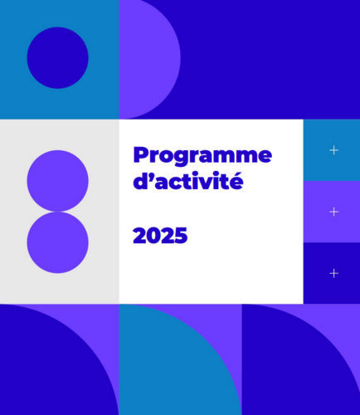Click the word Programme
click(202, 157)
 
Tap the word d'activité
click(188, 181)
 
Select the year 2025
click(160, 236)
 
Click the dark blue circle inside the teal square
click(58, 58)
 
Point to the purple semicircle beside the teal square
click(149, 60)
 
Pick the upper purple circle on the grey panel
click(58, 181)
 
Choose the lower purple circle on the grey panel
click(58, 242)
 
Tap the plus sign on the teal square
click(334, 150)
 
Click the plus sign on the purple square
click(334, 212)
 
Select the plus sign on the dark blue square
click(334, 273)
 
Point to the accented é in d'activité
click(236, 181)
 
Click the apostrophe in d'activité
click(152, 176)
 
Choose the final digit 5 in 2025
click(182, 236)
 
